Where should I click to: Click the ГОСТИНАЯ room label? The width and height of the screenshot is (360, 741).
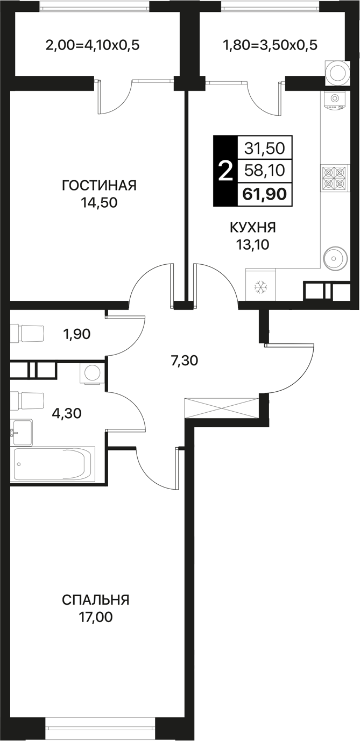click(x=99, y=186)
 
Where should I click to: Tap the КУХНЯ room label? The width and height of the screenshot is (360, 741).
click(x=253, y=228)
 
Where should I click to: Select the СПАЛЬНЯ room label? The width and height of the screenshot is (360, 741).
click(x=96, y=600)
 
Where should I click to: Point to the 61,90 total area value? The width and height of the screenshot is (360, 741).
click(x=264, y=194)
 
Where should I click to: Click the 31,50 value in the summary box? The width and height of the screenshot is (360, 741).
click(x=265, y=149)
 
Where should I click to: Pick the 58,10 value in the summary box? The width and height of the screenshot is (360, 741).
click(x=265, y=171)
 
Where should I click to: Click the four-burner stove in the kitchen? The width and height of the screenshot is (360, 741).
click(x=334, y=179)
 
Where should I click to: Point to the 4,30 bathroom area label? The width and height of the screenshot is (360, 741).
click(x=67, y=413)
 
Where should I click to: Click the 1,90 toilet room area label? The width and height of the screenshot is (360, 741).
click(x=77, y=334)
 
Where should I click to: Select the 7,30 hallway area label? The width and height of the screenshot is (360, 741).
click(x=184, y=361)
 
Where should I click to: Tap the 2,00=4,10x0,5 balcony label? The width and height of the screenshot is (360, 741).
click(x=93, y=45)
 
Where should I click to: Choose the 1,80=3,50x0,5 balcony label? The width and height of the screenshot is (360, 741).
click(x=271, y=45)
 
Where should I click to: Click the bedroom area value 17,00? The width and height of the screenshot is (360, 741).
click(x=96, y=617)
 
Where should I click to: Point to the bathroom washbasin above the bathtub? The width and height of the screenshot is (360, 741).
click(x=22, y=433)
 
